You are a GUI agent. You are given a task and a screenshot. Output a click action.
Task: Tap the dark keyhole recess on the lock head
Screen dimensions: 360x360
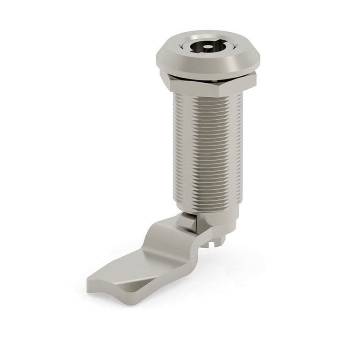(x=204, y=47)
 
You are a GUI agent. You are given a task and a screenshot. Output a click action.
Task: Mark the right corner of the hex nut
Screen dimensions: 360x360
(x=255, y=80)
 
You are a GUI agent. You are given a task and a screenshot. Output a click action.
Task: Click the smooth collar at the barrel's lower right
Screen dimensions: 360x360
(x=229, y=220)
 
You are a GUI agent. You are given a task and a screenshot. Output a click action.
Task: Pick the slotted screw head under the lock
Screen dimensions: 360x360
(x=218, y=240)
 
